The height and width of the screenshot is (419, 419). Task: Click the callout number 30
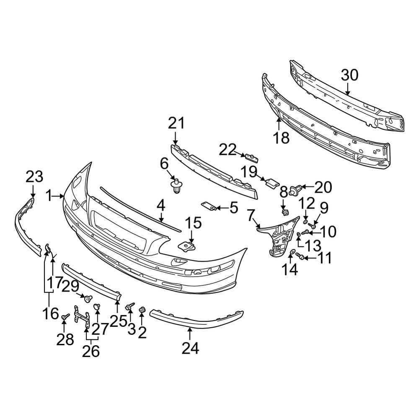pyautogui.click(x=349, y=75)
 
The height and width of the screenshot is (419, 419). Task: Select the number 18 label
pyautogui.click(x=281, y=138)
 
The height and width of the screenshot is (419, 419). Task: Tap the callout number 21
pyautogui.click(x=177, y=124)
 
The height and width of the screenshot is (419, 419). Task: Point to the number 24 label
pyautogui.click(x=191, y=348)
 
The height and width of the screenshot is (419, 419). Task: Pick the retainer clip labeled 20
pyautogui.click(x=296, y=189)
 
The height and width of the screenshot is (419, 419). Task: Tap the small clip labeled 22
pyautogui.click(x=252, y=158)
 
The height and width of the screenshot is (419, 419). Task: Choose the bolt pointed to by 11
pyautogui.click(x=300, y=256)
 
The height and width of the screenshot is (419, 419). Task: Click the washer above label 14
pyautogui.click(x=292, y=252)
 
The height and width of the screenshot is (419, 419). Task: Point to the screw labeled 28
pyautogui.click(x=65, y=316)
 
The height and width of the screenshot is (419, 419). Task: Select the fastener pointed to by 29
pyautogui.click(x=88, y=298)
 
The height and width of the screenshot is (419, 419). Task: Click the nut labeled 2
pyautogui.click(x=142, y=310)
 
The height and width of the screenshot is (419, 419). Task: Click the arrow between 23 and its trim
pyautogui.click(x=33, y=191)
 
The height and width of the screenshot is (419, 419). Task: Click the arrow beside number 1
pyautogui.click(x=58, y=197)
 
